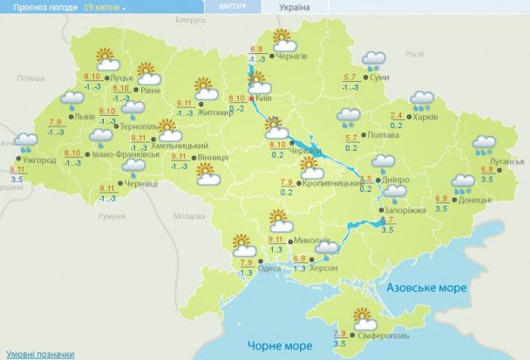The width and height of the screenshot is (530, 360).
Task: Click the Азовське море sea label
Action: pyautogui.click(x=428, y=287)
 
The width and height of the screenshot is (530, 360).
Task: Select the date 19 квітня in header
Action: pyautogui.click(x=104, y=6)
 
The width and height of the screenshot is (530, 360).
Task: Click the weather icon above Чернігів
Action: pyautogui.click(x=282, y=38)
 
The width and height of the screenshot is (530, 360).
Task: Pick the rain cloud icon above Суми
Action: pyautogui.click(x=376, y=59)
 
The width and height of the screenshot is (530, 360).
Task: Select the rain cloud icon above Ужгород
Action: pyautogui.click(x=24, y=141)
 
